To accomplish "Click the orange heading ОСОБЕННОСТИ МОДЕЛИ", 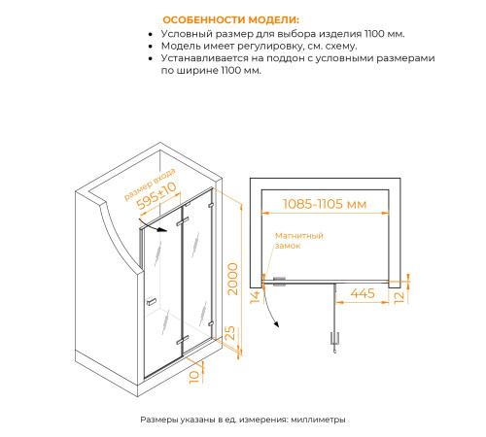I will pos(230,18).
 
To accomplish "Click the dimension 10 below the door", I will pos(195,375).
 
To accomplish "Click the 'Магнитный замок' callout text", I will pos(297,241).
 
